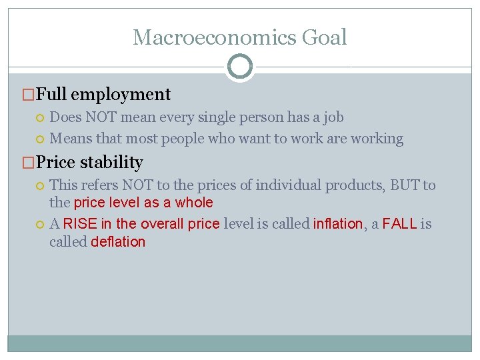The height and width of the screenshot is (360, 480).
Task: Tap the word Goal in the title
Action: pyautogui.click(x=325, y=37)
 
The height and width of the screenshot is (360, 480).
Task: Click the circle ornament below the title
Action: pyautogui.click(x=240, y=67)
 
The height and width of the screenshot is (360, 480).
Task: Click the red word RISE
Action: pyautogui.click(x=79, y=224)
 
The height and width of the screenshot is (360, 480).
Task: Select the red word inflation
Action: pyautogui.click(x=338, y=224)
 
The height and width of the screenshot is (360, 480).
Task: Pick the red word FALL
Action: pyautogui.click(x=399, y=224)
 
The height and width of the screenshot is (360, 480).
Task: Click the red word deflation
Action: pyautogui.click(x=118, y=242)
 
